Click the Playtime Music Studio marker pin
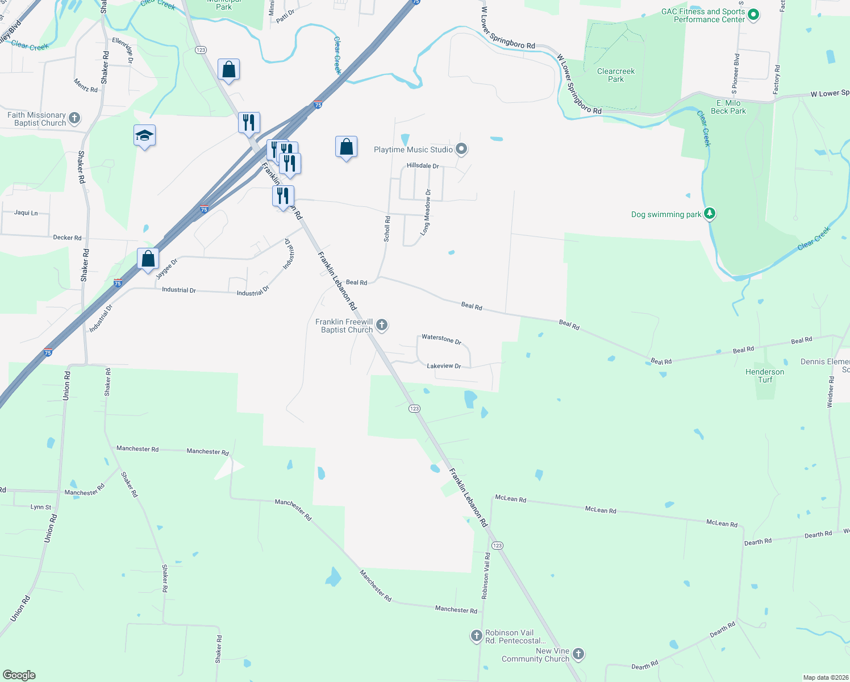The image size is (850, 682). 461,149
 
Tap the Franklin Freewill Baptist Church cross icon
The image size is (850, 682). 382,325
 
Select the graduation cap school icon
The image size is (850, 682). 144,136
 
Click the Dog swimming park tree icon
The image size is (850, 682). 709,214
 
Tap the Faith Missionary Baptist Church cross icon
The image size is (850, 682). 74,119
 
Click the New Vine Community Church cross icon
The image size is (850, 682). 578,654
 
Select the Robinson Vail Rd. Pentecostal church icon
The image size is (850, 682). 477,636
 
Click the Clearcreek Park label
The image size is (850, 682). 616,75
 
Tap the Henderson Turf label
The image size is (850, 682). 765,376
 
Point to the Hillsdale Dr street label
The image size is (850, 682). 423,166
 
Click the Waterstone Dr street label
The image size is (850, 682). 441,339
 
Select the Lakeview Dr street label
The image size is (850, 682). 444,366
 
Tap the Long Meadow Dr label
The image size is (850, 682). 426,213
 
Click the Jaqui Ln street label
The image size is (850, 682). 26,213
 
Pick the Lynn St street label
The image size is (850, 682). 41,507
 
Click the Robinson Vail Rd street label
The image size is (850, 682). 486,575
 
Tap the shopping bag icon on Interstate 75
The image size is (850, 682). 148,259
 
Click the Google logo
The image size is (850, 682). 19,675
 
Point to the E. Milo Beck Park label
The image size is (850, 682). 728,107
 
